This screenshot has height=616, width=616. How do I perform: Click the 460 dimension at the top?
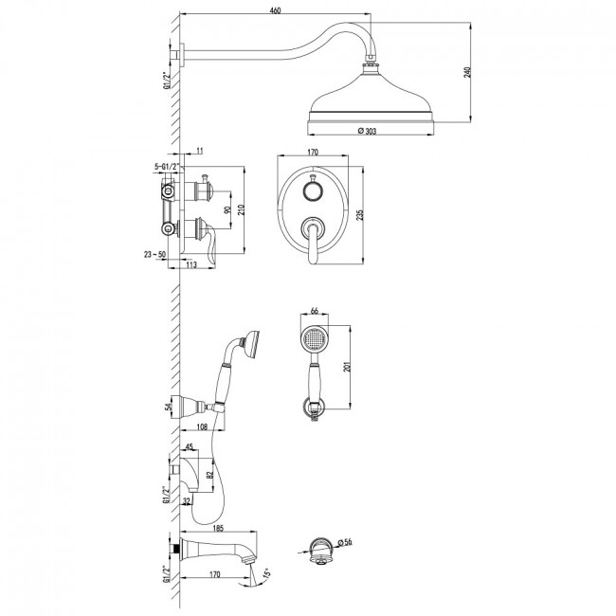276,10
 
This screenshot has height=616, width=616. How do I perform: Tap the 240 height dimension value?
467,72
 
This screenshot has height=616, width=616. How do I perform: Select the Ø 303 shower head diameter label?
367,131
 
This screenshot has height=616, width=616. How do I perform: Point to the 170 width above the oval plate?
313,152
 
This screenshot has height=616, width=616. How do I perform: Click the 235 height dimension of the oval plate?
360,215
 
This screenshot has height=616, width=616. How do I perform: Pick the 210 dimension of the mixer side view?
241,210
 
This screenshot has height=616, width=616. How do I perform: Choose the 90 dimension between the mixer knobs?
227,209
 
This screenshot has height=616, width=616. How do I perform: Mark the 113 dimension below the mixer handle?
190,264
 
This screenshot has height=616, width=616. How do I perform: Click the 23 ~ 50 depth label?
154,255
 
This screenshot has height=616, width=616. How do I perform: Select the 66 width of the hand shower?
315,311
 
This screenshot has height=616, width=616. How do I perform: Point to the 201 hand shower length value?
347,367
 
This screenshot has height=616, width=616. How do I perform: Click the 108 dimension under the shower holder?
202,427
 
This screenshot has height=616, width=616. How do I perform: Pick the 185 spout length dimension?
218,529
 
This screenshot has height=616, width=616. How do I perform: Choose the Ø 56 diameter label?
344,542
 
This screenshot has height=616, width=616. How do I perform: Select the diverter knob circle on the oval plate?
313,192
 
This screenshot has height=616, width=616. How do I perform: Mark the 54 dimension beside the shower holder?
169,408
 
